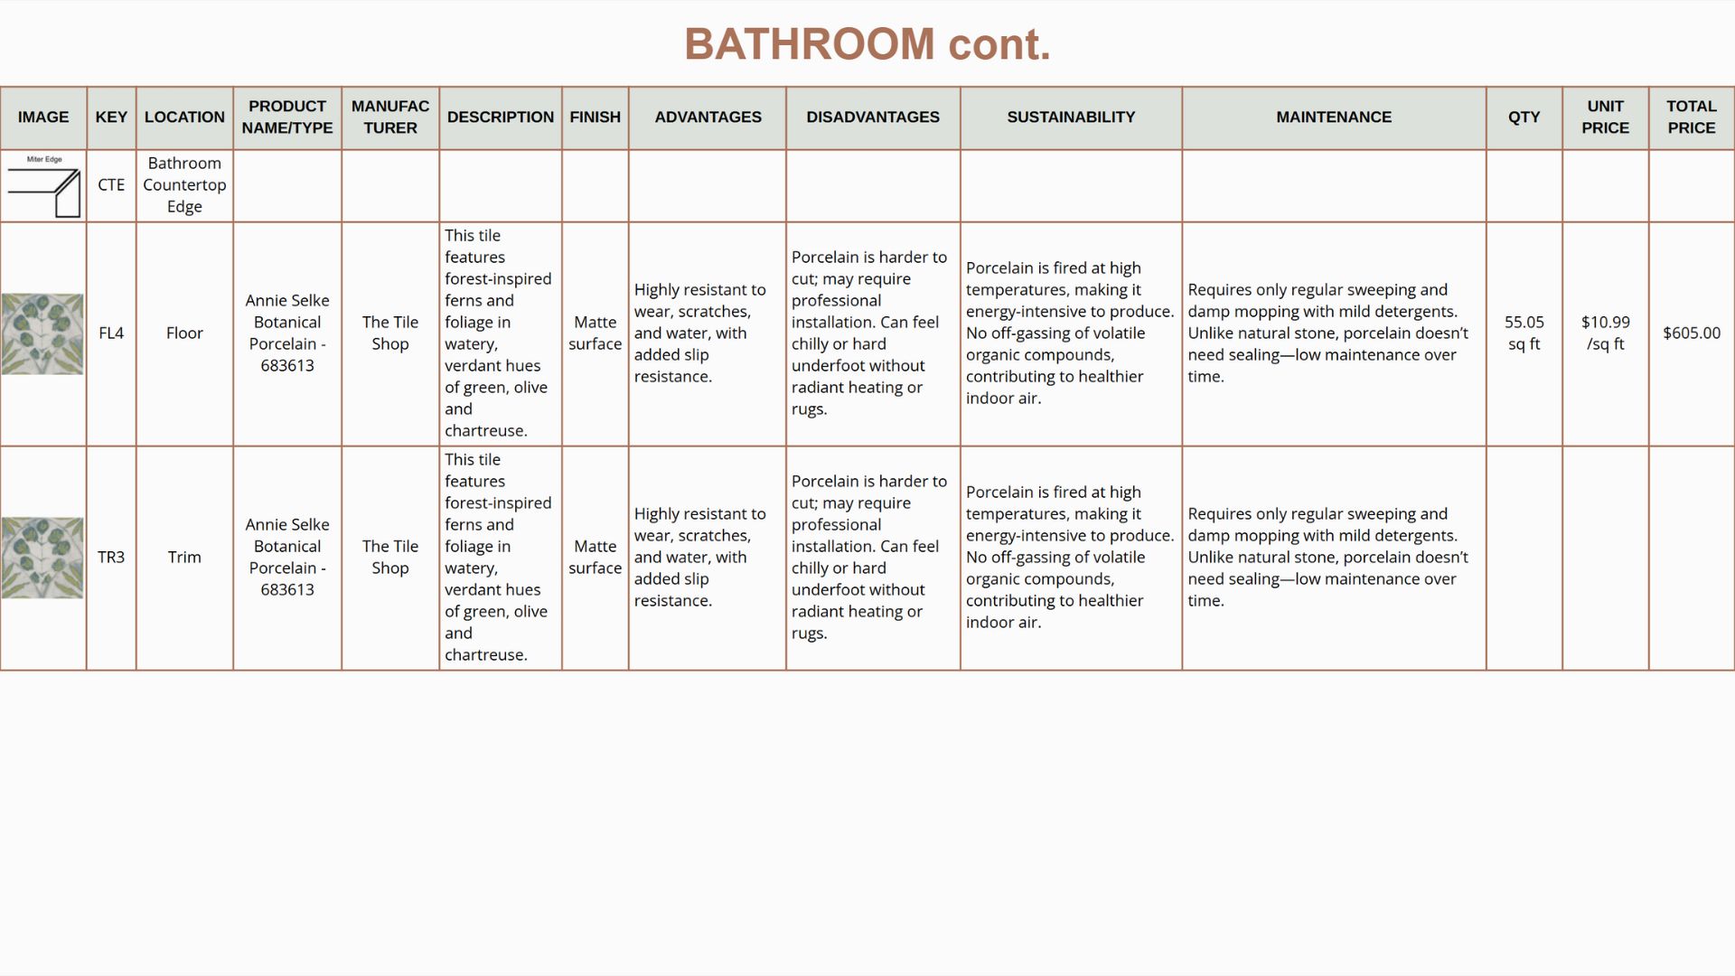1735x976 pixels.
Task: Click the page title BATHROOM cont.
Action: click(x=867, y=44)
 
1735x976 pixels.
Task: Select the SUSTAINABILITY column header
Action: click(x=1071, y=117)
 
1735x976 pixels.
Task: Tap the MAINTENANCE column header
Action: click(x=1333, y=117)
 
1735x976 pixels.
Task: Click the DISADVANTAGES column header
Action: click(x=872, y=117)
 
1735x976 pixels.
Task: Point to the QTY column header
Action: click(x=1524, y=117)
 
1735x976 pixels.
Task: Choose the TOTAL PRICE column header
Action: click(x=1691, y=117)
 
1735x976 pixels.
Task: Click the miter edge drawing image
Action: click(x=43, y=187)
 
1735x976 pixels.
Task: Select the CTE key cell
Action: click(x=111, y=185)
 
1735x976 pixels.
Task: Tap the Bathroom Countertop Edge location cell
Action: click(x=184, y=185)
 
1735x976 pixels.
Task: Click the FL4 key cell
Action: click(x=111, y=333)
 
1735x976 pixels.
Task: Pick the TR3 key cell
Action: click(x=111, y=558)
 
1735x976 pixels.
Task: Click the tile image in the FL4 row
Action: click(x=42, y=333)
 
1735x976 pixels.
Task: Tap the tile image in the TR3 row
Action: click(x=42, y=558)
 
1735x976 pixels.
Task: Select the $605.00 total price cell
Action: click(x=1691, y=333)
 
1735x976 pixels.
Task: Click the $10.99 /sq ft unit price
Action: click(x=1605, y=333)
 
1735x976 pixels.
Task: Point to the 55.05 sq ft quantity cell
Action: click(x=1524, y=333)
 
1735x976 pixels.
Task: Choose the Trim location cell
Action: click(x=184, y=558)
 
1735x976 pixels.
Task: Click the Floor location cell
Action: click(x=184, y=333)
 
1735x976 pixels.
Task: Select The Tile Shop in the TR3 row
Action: click(x=390, y=558)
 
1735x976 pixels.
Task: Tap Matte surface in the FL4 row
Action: click(x=595, y=333)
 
